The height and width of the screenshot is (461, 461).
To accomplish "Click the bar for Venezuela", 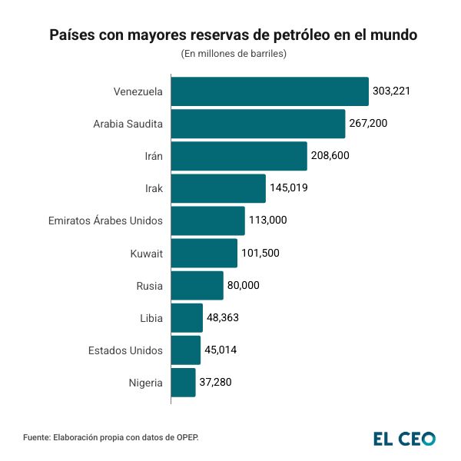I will [x=269, y=91].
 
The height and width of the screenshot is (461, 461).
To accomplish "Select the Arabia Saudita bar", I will [x=257, y=124].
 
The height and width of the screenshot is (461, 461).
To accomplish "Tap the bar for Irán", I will [x=238, y=156].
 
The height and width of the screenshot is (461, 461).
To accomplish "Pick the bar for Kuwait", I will [x=204, y=253].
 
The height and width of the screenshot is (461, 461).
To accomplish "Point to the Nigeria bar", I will [x=183, y=382].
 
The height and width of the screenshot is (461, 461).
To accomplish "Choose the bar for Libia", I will [x=187, y=317].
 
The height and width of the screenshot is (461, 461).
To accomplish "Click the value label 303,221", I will [x=392, y=91].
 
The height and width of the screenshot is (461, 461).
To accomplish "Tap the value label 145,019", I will [x=289, y=188].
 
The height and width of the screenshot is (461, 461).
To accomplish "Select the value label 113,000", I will [x=268, y=221].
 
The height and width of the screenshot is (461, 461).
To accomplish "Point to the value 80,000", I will [x=244, y=285].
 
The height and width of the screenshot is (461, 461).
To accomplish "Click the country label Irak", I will [x=154, y=188].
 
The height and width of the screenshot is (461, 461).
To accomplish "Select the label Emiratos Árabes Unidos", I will [x=105, y=221].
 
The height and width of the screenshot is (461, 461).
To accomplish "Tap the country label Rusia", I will [x=149, y=285].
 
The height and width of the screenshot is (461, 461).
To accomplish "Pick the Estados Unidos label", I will [x=125, y=350].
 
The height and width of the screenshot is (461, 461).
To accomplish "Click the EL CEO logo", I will [x=404, y=438].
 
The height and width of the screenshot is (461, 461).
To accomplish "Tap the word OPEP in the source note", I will [x=185, y=437].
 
